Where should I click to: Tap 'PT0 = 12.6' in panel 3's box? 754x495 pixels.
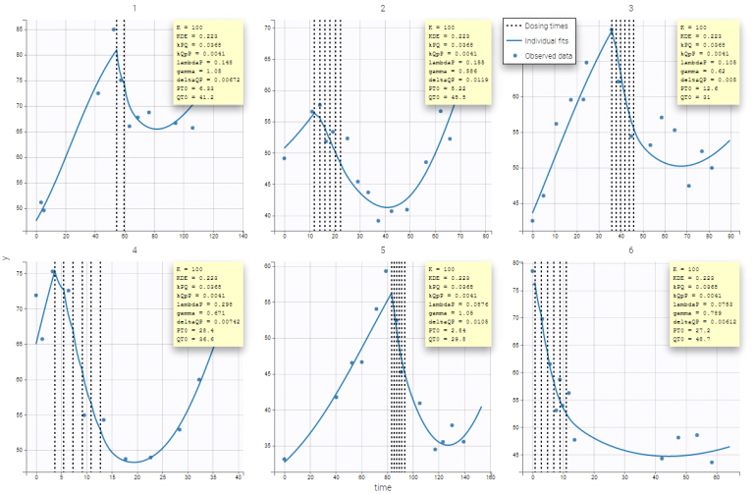[693, 87]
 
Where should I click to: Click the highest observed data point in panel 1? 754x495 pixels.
[113, 29]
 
